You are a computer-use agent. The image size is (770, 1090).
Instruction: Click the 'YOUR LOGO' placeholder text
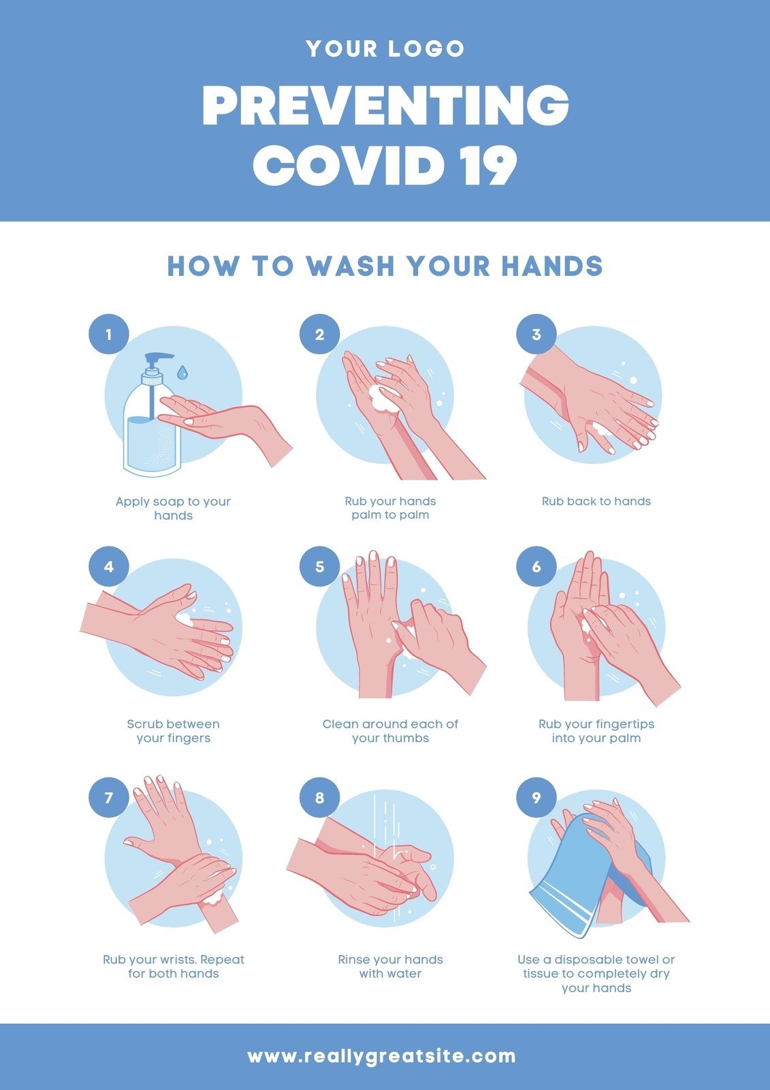385,48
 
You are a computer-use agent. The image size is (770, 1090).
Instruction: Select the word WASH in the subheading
350,266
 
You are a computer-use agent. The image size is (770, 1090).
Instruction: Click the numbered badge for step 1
108,334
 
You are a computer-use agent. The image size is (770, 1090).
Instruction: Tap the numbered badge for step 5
319,566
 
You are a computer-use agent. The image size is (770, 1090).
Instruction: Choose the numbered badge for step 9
536,798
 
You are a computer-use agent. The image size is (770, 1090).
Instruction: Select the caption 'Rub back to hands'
596,501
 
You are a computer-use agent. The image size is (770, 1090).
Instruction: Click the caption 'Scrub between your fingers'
173,731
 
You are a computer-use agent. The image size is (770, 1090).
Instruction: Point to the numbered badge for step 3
536,334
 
